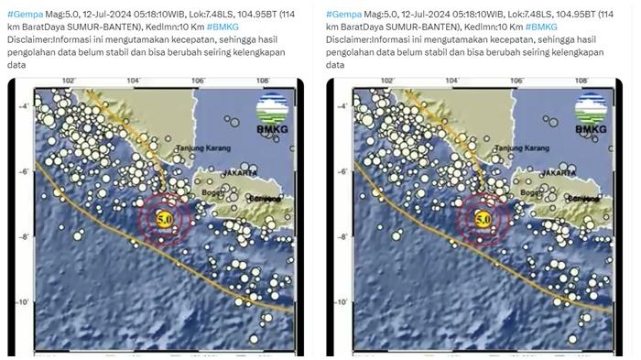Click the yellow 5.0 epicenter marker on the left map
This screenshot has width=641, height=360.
pos(165,220)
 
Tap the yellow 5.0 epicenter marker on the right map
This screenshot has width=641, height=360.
pos(483,220)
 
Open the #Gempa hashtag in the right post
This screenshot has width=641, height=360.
pos(341,15)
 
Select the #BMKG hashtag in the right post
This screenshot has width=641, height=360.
pos(541,27)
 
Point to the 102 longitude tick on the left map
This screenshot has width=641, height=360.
pos(68,82)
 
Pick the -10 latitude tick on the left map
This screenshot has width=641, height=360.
pos(24,301)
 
